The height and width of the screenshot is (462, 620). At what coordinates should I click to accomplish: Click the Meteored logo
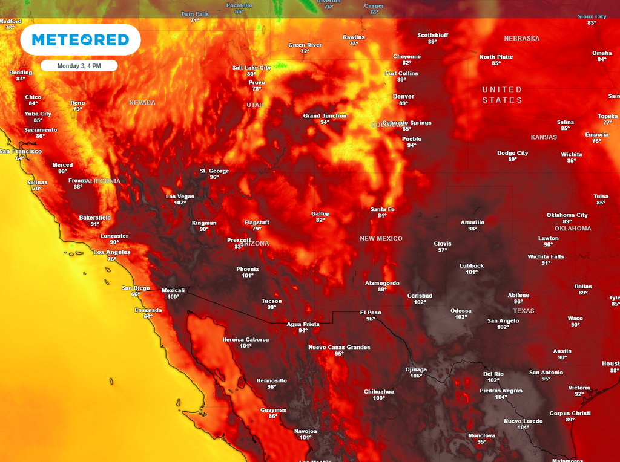[80, 40]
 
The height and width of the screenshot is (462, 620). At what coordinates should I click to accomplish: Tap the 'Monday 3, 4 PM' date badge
[79, 65]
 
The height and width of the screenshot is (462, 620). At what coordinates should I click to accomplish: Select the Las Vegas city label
[180, 197]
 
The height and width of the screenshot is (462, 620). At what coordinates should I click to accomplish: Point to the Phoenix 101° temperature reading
[247, 276]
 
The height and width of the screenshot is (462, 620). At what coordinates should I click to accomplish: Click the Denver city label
[403, 96]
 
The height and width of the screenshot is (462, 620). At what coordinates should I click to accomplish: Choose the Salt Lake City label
[251, 68]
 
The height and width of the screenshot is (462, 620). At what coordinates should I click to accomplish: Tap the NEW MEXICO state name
[381, 239]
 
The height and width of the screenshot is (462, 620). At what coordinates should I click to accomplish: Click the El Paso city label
[371, 313]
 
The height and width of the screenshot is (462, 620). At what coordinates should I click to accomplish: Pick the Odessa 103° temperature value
[461, 317]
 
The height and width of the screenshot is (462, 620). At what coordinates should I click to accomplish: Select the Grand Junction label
[325, 115]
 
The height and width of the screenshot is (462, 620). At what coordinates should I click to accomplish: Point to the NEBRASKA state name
[521, 39]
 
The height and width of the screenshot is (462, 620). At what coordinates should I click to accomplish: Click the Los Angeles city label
[111, 252]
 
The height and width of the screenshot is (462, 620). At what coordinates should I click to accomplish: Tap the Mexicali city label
[173, 290]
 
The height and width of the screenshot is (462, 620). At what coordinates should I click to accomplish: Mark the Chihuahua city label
[379, 391]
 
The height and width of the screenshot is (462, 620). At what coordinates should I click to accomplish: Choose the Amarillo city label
[472, 222]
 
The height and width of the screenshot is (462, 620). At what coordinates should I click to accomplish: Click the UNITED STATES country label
[502, 94]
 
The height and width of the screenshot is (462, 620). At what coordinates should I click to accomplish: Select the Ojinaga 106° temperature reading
[416, 376]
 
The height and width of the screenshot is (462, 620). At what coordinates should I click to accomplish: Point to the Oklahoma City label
[567, 215]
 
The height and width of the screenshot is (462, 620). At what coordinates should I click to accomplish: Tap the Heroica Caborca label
[245, 339]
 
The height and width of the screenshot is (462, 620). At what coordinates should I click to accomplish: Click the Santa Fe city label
[382, 209]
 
